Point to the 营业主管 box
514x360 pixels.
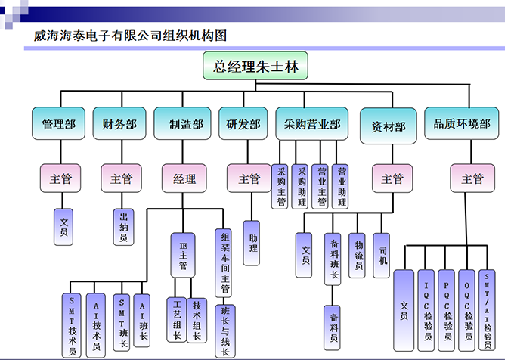coord(322,186)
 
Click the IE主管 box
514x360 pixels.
coord(182,253)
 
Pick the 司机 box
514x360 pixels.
coord(383,256)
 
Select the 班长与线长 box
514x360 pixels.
coord(224,329)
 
